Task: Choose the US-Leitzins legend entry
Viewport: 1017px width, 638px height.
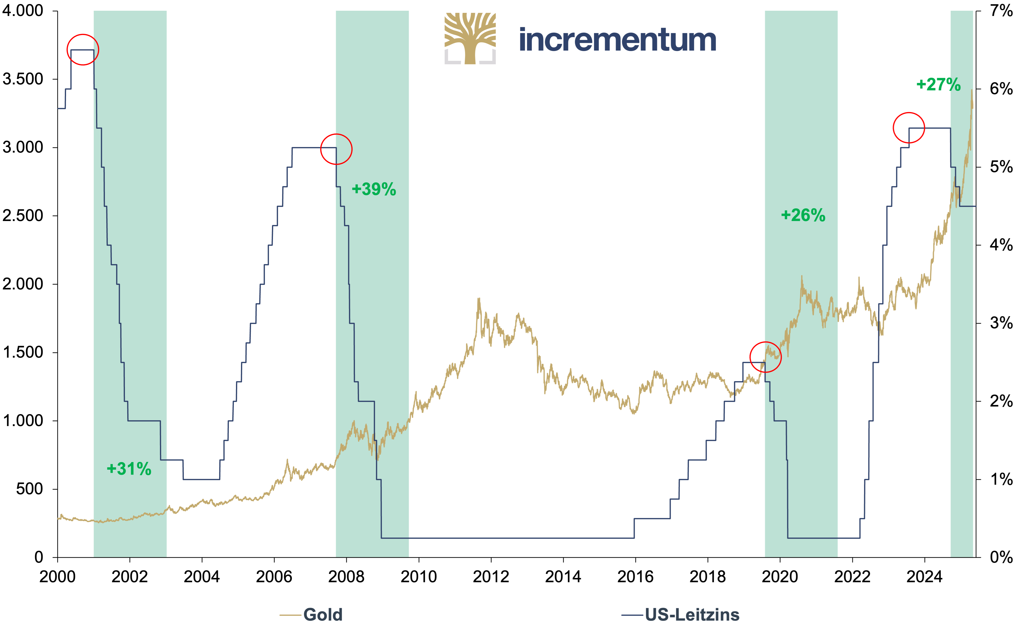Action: click(680, 615)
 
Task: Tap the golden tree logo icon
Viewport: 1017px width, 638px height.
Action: click(470, 38)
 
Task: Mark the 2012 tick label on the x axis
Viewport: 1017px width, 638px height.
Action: click(491, 576)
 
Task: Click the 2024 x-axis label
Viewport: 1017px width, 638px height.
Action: click(925, 576)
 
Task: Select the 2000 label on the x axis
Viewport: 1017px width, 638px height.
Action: click(57, 576)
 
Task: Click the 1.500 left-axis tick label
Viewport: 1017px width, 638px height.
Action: click(23, 352)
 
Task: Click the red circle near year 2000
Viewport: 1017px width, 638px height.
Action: click(83, 35)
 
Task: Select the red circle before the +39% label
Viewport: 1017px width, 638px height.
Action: click(336, 134)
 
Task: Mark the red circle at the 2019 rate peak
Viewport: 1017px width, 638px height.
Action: click(766, 342)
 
